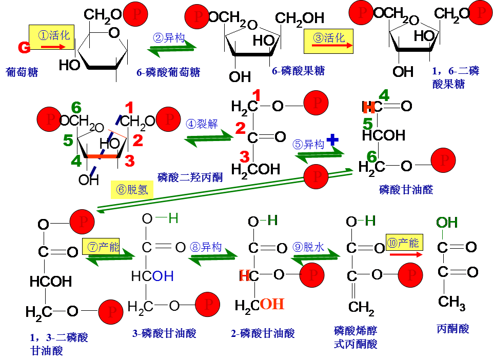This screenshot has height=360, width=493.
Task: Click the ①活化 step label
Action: [54, 35]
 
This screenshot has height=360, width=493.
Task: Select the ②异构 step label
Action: [169, 37]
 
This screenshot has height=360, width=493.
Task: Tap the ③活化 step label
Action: [329, 37]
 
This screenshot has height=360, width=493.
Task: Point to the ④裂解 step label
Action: [202, 124]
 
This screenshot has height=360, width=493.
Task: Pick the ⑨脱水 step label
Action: [308, 247]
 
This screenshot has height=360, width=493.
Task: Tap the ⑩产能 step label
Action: [404, 243]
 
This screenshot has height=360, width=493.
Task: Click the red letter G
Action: [24, 48]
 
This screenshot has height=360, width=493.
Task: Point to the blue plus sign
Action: [332, 138]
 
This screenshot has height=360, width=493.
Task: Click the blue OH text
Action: [163, 276]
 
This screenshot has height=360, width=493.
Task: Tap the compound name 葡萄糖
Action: [22, 72]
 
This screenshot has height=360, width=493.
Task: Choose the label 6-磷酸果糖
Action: [298, 71]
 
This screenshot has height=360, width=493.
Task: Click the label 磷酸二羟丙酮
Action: [190, 177]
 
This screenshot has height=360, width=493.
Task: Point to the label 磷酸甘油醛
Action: [406, 190]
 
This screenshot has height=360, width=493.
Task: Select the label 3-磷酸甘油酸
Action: [164, 333]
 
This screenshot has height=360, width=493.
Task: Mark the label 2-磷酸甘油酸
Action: [263, 333]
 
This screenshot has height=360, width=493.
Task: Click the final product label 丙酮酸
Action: [452, 329]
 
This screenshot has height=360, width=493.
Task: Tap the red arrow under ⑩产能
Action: [406, 254]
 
